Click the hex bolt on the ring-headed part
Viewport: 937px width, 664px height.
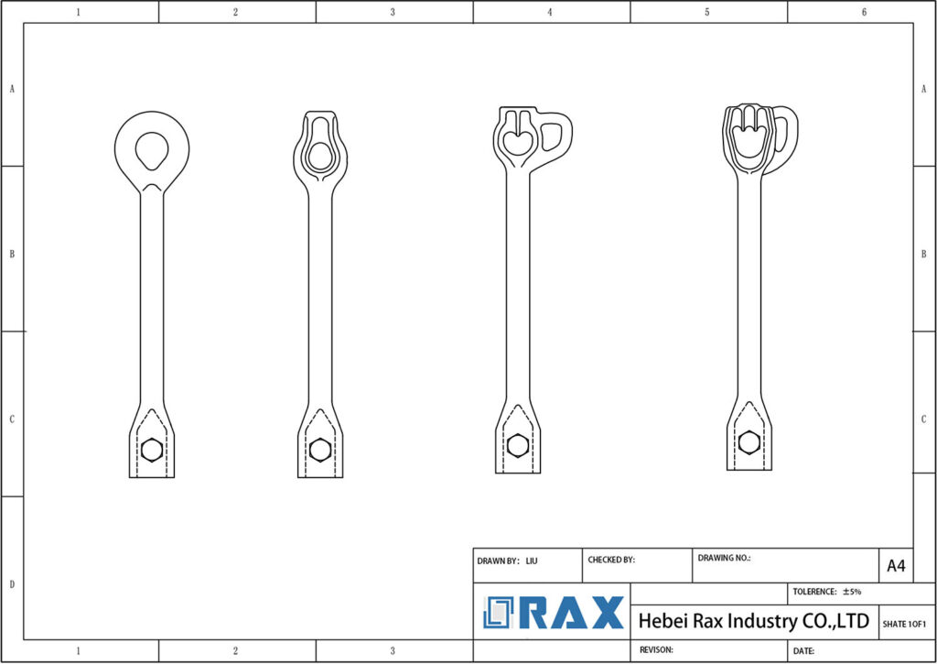[x=152, y=450]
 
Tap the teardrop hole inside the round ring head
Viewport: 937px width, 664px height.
[x=151, y=149]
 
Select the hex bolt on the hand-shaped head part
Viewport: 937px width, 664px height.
[x=749, y=442]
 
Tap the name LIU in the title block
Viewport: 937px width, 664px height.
[x=532, y=560]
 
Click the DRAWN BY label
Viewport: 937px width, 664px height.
[x=498, y=560]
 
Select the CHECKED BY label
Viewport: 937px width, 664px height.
[x=610, y=560]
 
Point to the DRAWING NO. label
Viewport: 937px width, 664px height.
[x=724, y=558]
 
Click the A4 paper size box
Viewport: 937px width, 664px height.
[x=896, y=566]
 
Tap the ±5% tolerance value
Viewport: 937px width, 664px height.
[x=852, y=592]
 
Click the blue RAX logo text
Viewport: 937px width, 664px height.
[x=573, y=613]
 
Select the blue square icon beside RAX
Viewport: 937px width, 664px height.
[x=500, y=613]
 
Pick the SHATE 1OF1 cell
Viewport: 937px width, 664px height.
[x=904, y=624]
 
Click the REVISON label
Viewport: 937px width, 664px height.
[x=656, y=650]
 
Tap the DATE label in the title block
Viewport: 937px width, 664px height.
[x=804, y=651]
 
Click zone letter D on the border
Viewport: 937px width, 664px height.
[x=11, y=584]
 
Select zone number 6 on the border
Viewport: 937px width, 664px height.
[x=863, y=12]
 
